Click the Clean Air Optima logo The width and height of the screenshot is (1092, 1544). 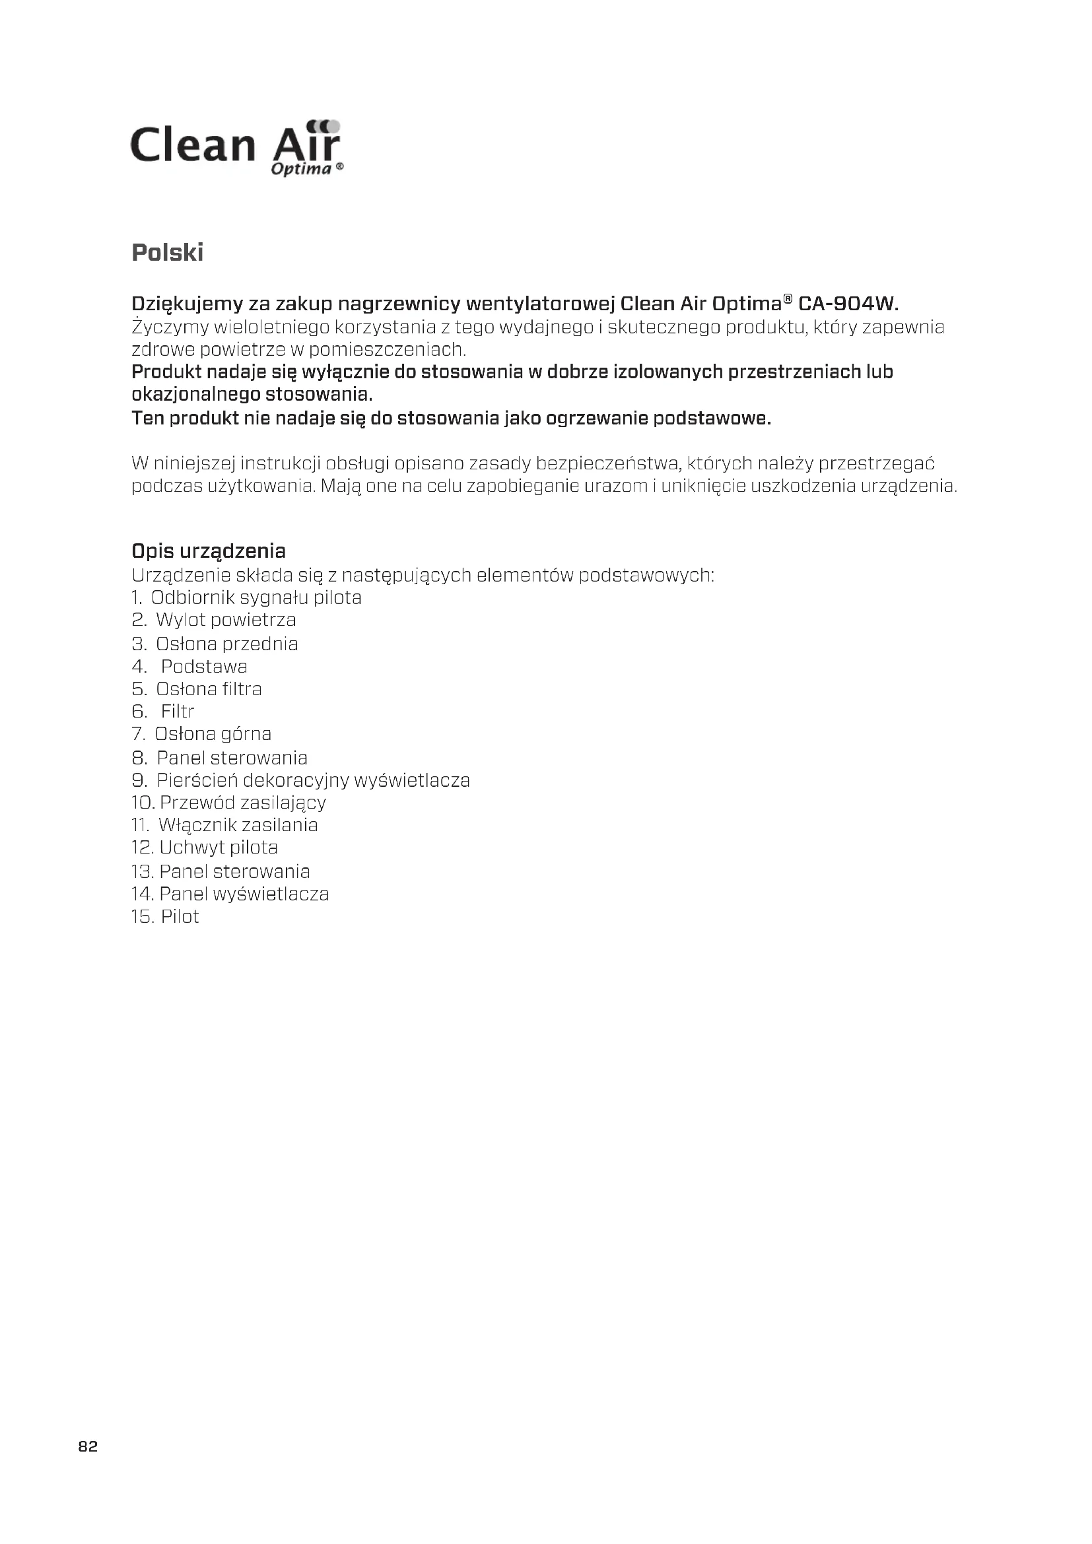237,148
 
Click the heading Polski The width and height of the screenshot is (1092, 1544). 168,253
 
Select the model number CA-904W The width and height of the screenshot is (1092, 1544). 847,304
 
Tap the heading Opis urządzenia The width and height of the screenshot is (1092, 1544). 209,551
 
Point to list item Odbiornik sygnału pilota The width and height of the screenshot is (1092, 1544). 256,597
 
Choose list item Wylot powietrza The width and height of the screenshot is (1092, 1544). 225,619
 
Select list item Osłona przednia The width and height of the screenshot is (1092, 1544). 226,644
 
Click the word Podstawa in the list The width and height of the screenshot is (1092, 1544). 204,667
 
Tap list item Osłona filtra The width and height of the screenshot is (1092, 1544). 209,688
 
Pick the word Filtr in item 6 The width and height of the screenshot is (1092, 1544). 178,711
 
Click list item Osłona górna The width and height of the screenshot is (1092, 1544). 213,733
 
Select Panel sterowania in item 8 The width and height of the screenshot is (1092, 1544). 231,758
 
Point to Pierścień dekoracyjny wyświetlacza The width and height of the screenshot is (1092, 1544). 313,780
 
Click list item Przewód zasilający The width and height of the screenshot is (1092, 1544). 242,802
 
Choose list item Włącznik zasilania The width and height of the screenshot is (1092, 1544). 238,824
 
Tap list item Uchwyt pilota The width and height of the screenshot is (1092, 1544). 218,848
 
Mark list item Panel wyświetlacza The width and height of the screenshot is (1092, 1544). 244,894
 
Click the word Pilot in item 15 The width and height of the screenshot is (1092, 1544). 180,917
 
